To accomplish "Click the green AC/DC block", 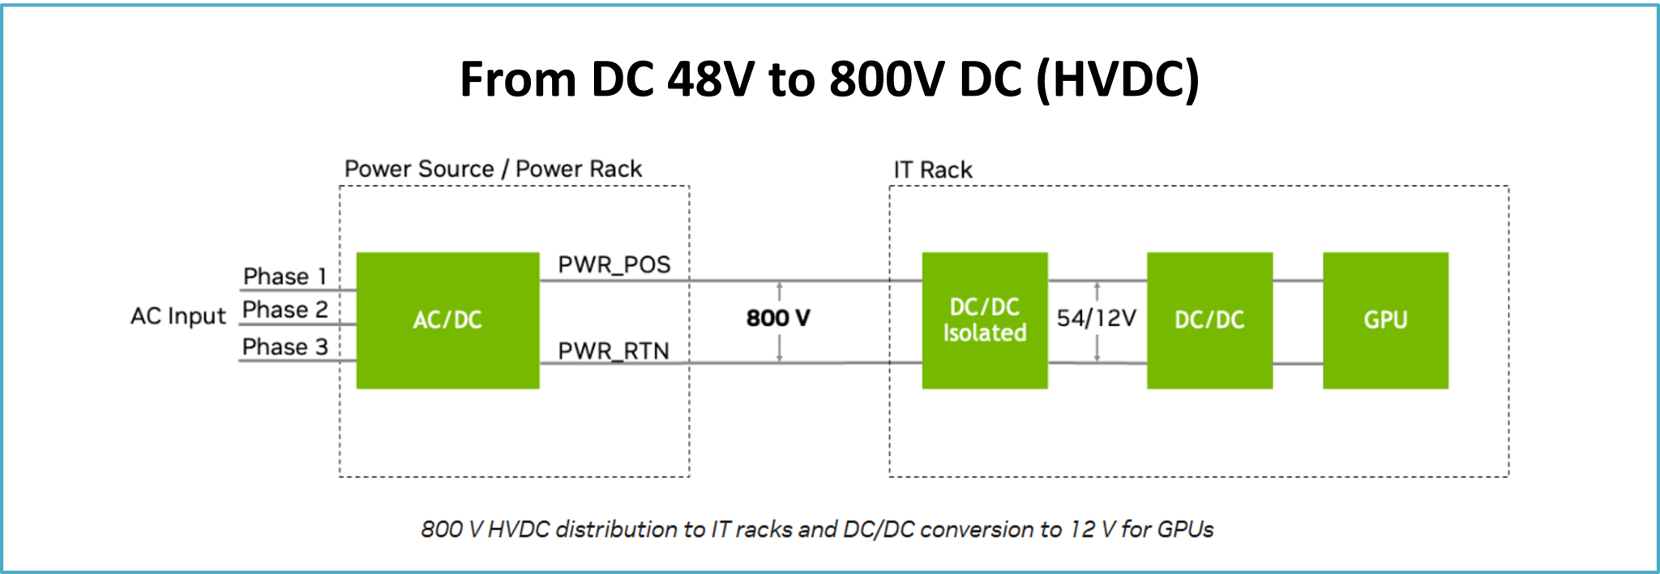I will pos(447,320).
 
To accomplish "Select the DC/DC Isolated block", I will pos(984,320).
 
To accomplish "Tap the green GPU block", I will pos(1385,320).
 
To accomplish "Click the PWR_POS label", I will pos(614,265).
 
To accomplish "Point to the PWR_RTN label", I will pos(614,351).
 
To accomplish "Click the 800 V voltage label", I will pos(778,318).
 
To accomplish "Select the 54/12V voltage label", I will pos(1097,318).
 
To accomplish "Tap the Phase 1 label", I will pos(285,276).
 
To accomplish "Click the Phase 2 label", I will pos(285,310).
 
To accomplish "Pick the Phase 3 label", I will pos(285,347).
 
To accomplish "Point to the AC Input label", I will pos(178,316).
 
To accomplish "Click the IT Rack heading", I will pos(932,170).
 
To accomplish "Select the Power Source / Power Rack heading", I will pos(493,169).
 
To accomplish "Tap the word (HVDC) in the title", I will pos(1118,79).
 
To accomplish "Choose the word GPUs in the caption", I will pos(1185,529).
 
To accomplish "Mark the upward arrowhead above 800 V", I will pos(779,286).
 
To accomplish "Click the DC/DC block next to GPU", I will pos(1209,320).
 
